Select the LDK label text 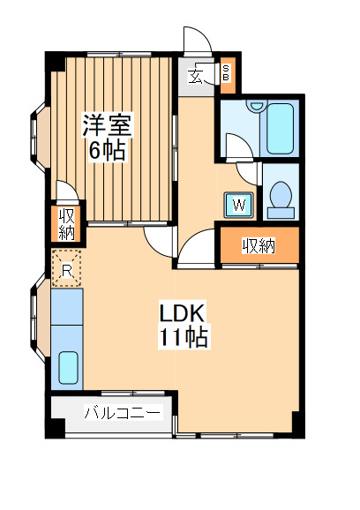click(183, 313)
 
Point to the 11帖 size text click(184, 337)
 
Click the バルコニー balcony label click(123, 413)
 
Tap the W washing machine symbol click(239, 206)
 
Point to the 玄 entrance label click(196, 75)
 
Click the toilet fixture click(281, 198)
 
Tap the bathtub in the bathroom click(281, 129)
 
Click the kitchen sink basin click(67, 367)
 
